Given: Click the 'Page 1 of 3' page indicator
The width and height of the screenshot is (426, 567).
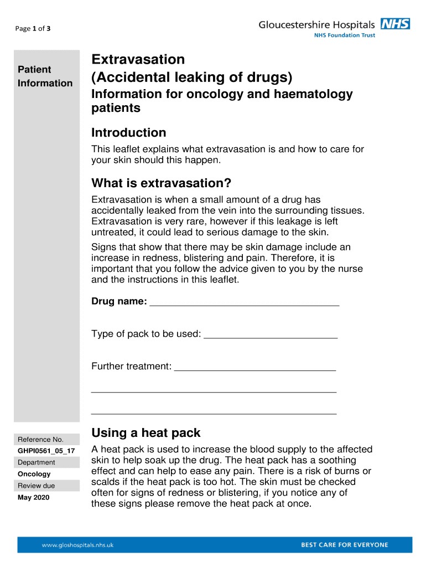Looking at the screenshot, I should (34, 28).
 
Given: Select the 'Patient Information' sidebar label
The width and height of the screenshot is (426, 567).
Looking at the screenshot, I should (45, 76).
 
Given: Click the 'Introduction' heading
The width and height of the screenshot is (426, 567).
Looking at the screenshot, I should (128, 133).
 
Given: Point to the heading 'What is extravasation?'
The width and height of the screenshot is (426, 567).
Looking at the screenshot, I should (161, 183).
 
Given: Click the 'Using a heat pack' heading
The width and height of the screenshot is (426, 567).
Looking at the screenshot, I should (146, 432).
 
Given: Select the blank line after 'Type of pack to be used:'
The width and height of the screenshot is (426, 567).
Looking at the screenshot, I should (271, 334).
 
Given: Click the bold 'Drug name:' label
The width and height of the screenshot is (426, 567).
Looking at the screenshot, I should (119, 301).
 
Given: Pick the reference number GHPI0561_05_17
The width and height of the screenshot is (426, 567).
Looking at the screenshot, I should (46, 451).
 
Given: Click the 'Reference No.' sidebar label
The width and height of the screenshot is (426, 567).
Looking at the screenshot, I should (40, 439).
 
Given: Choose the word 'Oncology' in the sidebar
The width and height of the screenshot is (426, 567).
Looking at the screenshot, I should (34, 474).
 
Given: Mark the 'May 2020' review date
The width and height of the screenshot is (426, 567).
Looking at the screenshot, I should (33, 497).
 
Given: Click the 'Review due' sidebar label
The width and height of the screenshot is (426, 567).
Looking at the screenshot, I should (37, 486).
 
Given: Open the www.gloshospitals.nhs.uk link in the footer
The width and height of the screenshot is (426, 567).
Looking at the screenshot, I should (77, 545).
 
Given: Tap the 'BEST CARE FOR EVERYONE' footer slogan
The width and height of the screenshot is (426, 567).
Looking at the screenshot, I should (344, 545).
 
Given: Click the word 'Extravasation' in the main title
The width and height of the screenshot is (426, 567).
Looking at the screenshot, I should (138, 59).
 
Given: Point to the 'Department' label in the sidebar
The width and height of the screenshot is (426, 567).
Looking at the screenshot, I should (37, 462).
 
